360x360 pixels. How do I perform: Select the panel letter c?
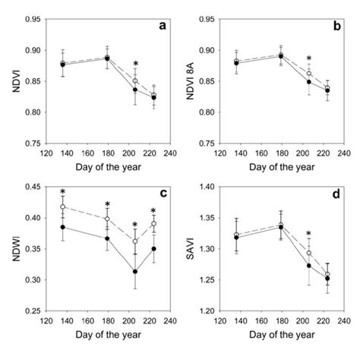pyautogui.click(x=162, y=193)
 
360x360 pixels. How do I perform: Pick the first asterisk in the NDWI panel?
pyautogui.click(x=62, y=193)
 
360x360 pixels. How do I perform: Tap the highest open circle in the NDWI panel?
pyautogui.click(x=62, y=207)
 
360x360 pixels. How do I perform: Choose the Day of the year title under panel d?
pyautogui.click(x=276, y=336)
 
